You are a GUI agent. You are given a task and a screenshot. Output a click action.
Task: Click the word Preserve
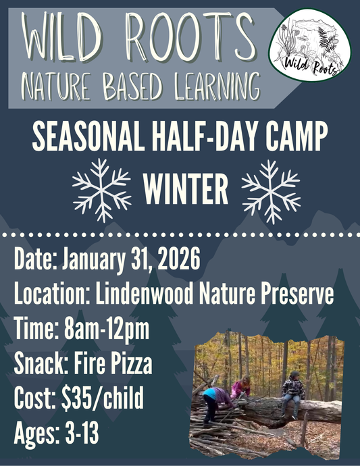coord(298,295)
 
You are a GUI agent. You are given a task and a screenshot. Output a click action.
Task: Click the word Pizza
coord(129,365)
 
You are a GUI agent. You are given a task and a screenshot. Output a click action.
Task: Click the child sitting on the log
coord(294,392)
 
